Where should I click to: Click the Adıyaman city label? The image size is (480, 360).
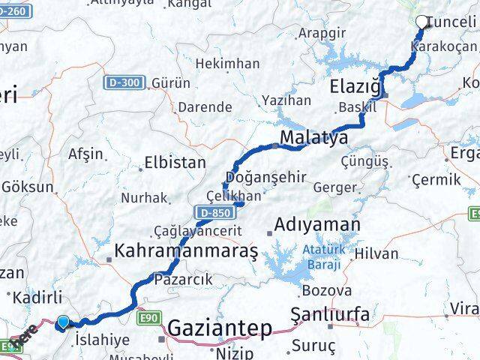317,224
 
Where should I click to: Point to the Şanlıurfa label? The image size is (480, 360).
330,314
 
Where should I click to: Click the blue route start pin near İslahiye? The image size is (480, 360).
63,322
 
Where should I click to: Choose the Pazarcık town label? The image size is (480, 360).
183,279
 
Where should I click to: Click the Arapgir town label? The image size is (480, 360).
322,33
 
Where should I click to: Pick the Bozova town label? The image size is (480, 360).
326,290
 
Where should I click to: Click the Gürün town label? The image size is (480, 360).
171,82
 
